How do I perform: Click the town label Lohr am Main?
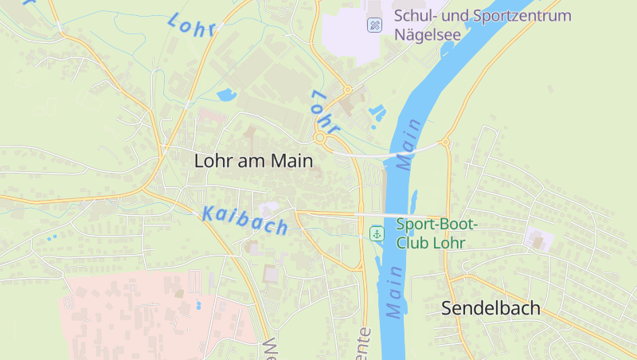click(253, 161)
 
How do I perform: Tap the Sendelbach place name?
click(490, 308)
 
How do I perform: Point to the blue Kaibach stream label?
click(245, 220)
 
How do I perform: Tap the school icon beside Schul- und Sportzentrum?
click(374, 25)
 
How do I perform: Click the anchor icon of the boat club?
click(377, 233)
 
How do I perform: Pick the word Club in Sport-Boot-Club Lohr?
click(413, 242)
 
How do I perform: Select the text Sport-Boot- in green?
click(436, 225)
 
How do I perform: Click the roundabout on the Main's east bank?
click(445, 143)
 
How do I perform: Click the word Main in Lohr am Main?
click(291, 161)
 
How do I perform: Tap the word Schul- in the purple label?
click(413, 16)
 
